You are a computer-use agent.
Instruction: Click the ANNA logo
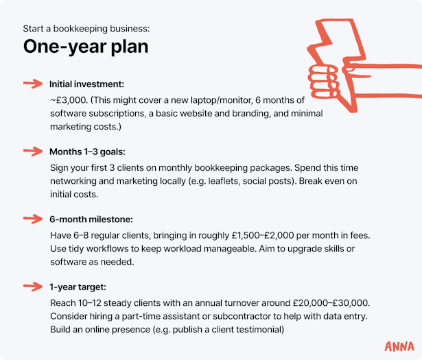click(x=399, y=346)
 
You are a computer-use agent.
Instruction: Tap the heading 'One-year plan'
click(x=86, y=47)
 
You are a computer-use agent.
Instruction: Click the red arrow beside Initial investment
click(x=33, y=84)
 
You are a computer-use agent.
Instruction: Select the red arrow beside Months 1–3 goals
click(x=33, y=152)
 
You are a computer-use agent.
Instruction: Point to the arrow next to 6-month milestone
click(x=33, y=219)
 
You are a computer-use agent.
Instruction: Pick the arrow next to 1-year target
click(x=33, y=287)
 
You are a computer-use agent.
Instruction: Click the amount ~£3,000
click(x=69, y=100)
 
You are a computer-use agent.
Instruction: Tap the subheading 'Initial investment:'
click(x=86, y=84)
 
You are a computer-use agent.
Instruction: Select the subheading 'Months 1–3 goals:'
click(x=87, y=152)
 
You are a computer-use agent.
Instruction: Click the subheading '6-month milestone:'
click(x=91, y=219)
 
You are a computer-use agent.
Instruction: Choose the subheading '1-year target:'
click(x=78, y=287)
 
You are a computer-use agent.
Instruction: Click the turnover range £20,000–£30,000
click(x=331, y=303)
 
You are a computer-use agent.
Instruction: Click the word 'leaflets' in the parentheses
click(x=224, y=181)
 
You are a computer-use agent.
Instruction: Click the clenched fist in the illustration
click(x=323, y=81)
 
